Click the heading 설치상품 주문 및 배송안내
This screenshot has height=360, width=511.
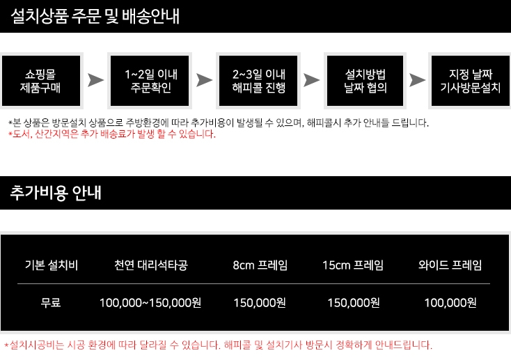(x=96, y=17)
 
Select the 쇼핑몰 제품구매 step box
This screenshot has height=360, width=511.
(x=42, y=81)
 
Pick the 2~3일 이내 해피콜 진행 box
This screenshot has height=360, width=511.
(x=259, y=81)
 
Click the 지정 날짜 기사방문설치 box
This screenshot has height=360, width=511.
(x=471, y=81)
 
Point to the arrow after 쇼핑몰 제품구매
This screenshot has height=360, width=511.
(x=96, y=80)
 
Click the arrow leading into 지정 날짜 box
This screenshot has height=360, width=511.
(x=417, y=80)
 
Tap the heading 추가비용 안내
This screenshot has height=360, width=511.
(x=56, y=193)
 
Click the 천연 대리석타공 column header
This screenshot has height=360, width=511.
(x=151, y=265)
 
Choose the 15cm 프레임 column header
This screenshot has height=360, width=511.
(x=353, y=265)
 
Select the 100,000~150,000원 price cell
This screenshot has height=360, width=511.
(x=150, y=302)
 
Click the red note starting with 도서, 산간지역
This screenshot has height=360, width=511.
(x=112, y=134)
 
